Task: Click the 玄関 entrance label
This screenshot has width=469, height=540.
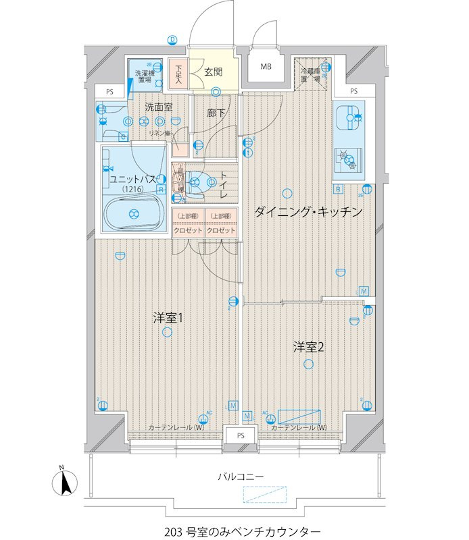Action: pos(214,71)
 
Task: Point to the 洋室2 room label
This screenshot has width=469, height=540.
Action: pos(310,347)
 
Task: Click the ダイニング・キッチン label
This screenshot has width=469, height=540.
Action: pos(309,212)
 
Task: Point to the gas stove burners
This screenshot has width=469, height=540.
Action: pos(349,159)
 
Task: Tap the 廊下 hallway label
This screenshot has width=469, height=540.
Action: pos(216,113)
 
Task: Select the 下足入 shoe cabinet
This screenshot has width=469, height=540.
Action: pos(178,73)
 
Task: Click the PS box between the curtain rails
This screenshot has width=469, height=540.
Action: pos(241,436)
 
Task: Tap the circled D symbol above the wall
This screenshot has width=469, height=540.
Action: pos(173,40)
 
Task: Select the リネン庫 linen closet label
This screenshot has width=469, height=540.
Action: pos(160,133)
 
